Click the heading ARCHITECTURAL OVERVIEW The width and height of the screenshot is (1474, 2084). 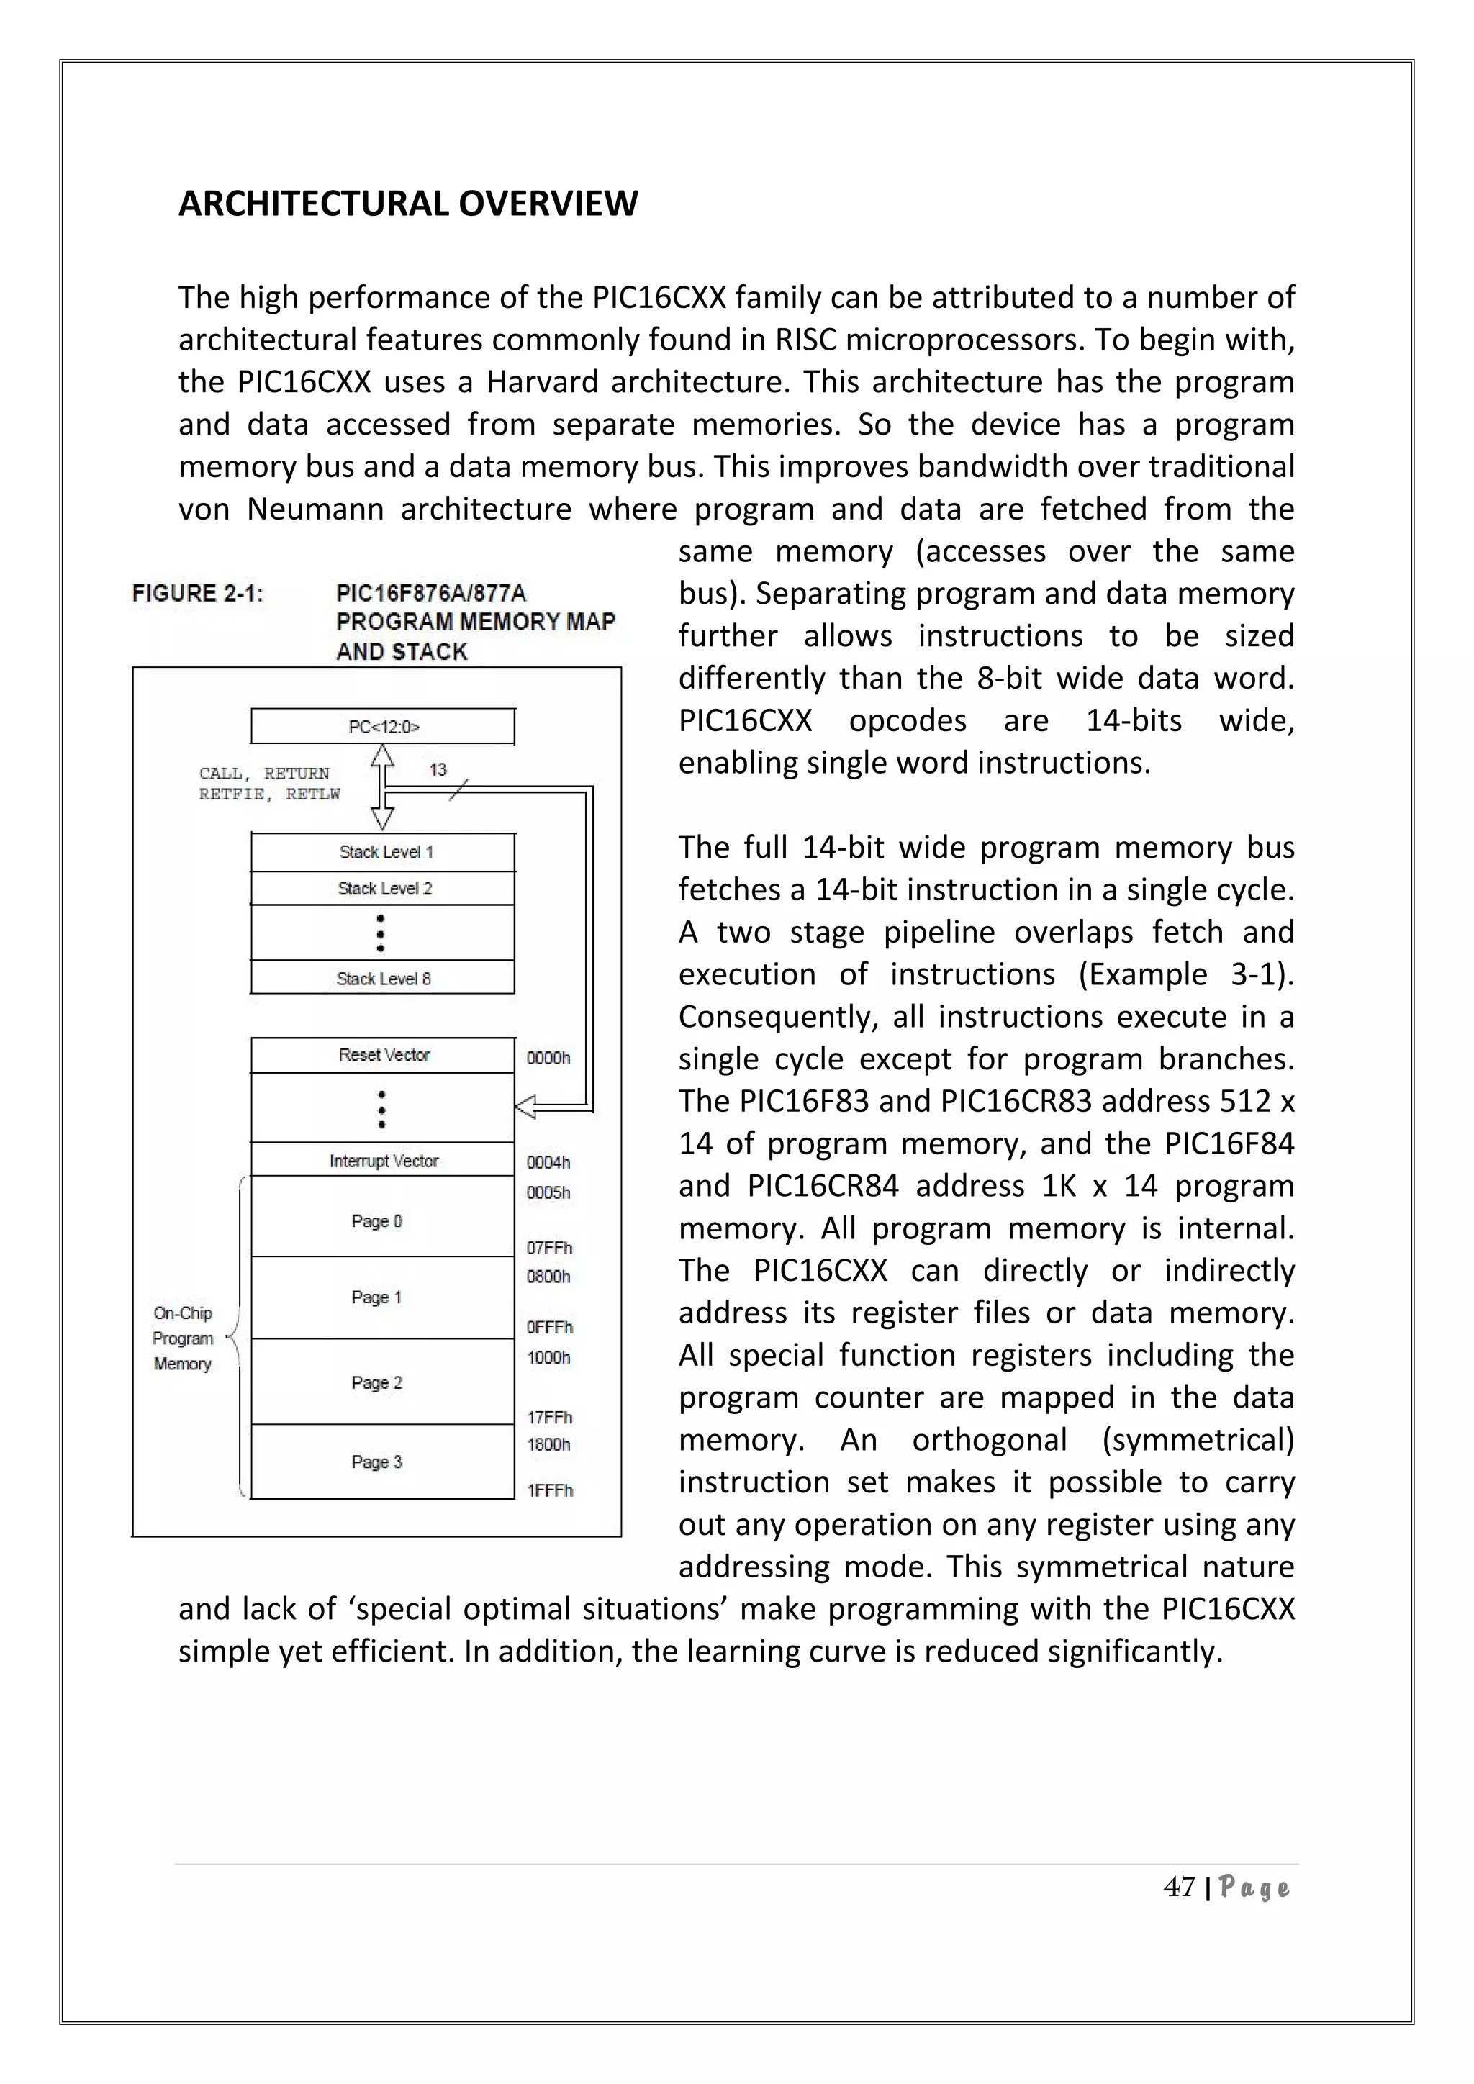click(407, 204)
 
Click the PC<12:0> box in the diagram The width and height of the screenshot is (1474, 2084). click(383, 726)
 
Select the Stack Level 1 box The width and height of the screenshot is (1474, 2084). click(383, 851)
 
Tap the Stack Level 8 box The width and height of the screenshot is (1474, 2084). click(383, 977)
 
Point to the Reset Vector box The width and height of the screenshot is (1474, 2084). click(383, 1055)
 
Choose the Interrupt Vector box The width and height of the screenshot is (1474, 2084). click(383, 1160)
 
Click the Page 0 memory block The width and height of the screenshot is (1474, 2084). click(378, 1220)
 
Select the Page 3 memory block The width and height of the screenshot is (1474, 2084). click(378, 1462)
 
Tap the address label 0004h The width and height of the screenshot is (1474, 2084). click(548, 1161)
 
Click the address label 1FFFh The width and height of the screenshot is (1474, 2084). click(550, 1490)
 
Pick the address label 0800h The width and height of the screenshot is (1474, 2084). click(548, 1276)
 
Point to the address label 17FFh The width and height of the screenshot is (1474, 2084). click(550, 1417)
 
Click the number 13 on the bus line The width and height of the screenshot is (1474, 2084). click(438, 770)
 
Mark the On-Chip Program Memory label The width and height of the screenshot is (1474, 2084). click(182, 1338)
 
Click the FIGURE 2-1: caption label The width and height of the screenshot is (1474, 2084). click(197, 594)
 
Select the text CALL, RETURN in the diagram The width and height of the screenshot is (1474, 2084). click(264, 774)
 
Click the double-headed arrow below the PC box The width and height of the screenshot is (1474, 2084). click(383, 787)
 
